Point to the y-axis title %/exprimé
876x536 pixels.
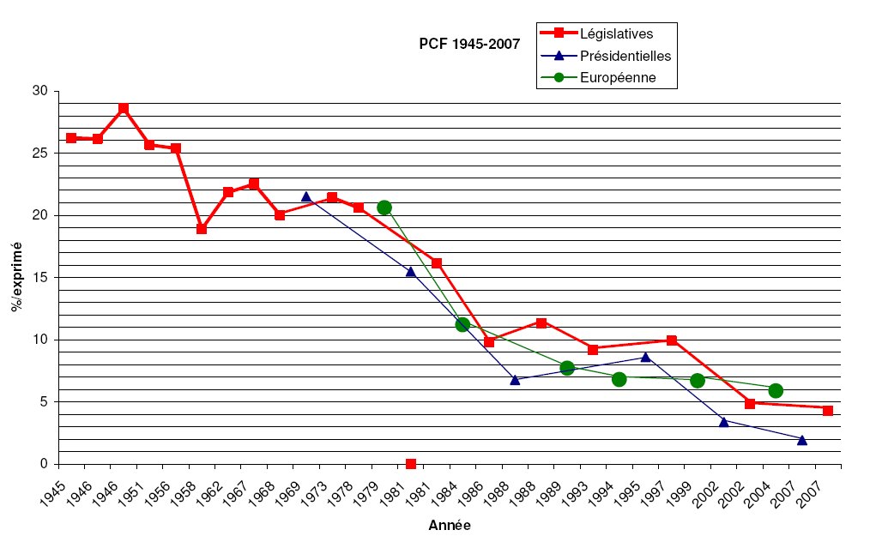click(x=17, y=277)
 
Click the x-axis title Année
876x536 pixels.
click(x=449, y=525)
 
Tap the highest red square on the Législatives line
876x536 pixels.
click(x=124, y=108)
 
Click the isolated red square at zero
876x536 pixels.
click(x=411, y=464)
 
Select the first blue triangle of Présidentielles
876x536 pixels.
click(x=306, y=196)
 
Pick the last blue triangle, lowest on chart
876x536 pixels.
click(x=802, y=440)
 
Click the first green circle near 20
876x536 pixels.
click(x=384, y=208)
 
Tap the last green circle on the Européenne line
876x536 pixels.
click(x=776, y=390)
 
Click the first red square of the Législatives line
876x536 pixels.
click(x=71, y=137)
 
